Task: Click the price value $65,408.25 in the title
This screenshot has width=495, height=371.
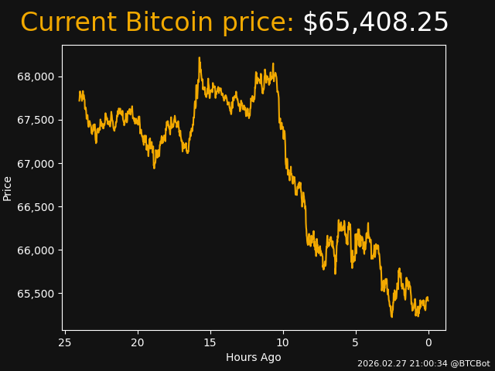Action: coord(375,23)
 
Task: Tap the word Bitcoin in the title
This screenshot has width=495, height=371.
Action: coord(195,23)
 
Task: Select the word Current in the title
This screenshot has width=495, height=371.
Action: coord(69,23)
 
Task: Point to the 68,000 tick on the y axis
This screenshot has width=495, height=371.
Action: coord(36,77)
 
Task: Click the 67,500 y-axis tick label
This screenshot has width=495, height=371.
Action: coord(36,120)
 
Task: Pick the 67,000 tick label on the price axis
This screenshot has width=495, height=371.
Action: coord(36,164)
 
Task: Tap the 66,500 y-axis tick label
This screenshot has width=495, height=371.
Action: coord(36,207)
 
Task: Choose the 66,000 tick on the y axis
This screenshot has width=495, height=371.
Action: coord(36,250)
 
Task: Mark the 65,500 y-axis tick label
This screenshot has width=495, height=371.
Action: coord(36,294)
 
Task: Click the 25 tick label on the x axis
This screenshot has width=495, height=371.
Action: coord(65,342)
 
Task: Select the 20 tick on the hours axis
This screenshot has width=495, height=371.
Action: coord(138,342)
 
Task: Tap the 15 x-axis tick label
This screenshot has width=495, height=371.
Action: coord(210,342)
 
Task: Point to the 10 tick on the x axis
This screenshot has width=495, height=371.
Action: coord(283,342)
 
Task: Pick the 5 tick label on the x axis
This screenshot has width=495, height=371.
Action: coord(356,342)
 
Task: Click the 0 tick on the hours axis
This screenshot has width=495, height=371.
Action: coord(428,342)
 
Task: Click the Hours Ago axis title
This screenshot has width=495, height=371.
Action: coord(253,357)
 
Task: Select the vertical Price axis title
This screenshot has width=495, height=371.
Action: coord(8,189)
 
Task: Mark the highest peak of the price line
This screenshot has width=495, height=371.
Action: coord(199,58)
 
